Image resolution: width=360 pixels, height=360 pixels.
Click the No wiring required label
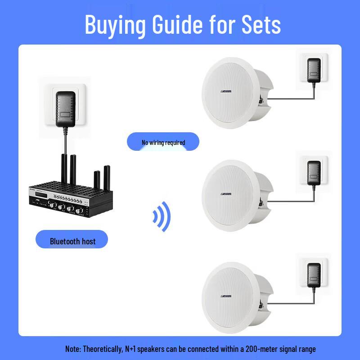[163, 142]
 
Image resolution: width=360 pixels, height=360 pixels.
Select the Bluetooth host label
[72, 241]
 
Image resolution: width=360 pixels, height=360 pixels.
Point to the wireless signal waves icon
[162, 216]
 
